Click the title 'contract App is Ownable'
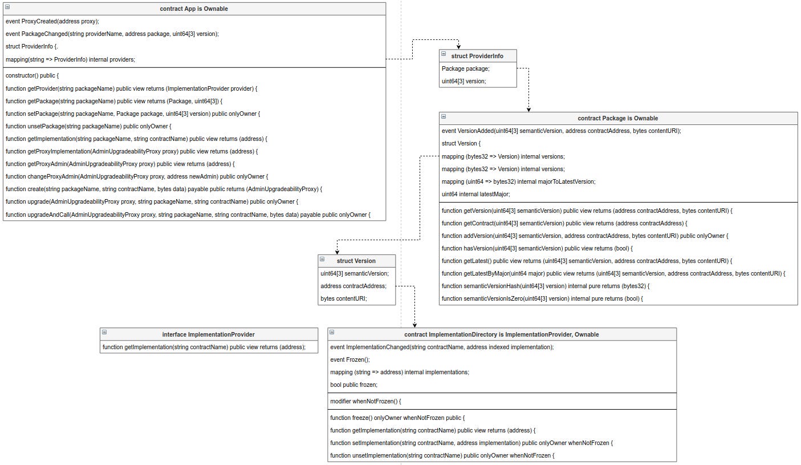coord(194,9)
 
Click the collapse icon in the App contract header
coord(7,7)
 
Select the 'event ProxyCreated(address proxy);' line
coord(52,21)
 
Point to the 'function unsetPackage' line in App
coord(88,126)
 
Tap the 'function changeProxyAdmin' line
coord(137,176)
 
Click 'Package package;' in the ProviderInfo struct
coord(466,68)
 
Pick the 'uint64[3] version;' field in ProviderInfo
coord(464,81)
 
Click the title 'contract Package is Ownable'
coord(617,118)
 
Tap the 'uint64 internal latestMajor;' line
coord(476,194)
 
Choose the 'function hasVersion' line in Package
coord(537,248)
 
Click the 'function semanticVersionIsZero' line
coord(542,298)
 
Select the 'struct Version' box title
coord(356,261)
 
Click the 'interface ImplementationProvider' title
coord(208,334)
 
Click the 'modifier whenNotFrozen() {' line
coord(366,401)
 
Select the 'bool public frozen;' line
coord(354,385)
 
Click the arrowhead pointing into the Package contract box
coord(529,109)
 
